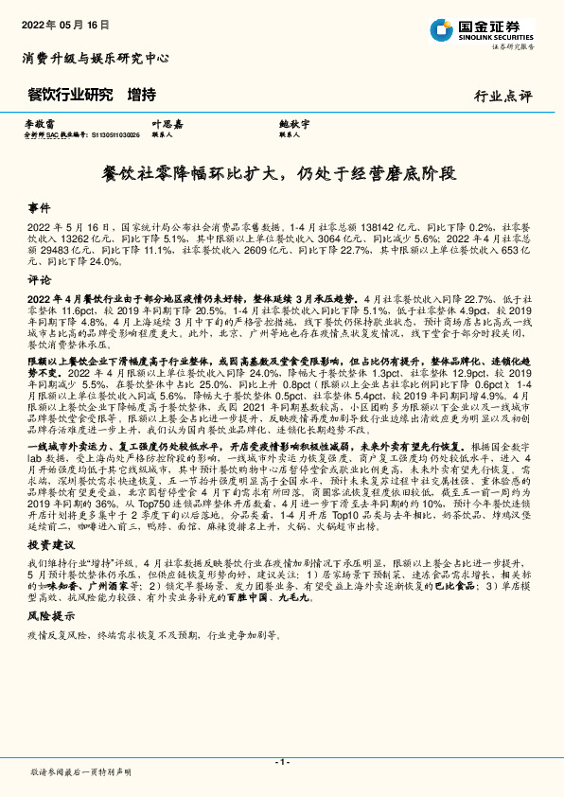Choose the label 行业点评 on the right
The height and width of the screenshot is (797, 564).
502,96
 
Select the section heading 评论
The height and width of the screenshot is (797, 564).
39,280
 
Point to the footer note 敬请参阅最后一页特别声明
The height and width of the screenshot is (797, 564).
79,772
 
